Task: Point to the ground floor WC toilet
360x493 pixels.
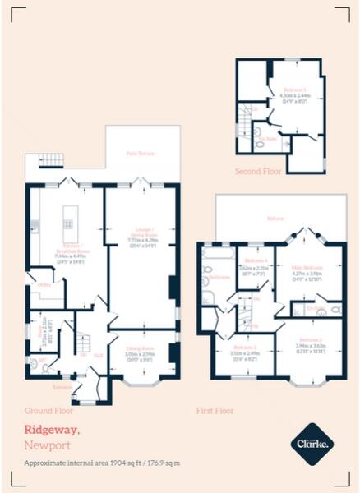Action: coord(46,367)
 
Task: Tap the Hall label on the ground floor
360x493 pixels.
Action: coord(98,356)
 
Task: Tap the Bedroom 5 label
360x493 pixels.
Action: coord(294,89)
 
